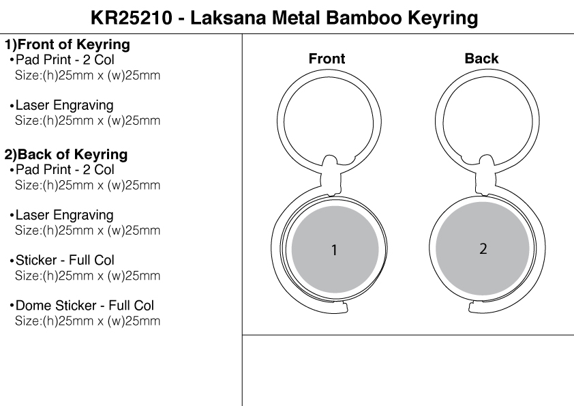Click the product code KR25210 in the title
pyautogui.click(x=131, y=18)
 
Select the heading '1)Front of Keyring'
pyautogui.click(x=67, y=45)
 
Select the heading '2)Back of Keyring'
pyautogui.click(x=66, y=155)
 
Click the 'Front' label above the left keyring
pyautogui.click(x=327, y=59)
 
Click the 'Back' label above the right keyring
pyautogui.click(x=481, y=59)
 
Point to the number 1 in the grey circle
pyautogui.click(x=334, y=250)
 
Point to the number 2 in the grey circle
pyautogui.click(x=483, y=249)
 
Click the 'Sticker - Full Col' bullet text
pyautogui.click(x=65, y=260)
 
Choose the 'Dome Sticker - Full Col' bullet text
pyautogui.click(x=85, y=305)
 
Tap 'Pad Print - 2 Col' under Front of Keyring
pyautogui.click(x=65, y=60)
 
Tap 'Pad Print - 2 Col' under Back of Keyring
pyautogui.click(x=65, y=170)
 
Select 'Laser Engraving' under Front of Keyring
pyautogui.click(x=65, y=106)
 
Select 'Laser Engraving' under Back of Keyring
pyautogui.click(x=65, y=216)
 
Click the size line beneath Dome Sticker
pyautogui.click(x=87, y=321)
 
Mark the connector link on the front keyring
pyautogui.click(x=330, y=175)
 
